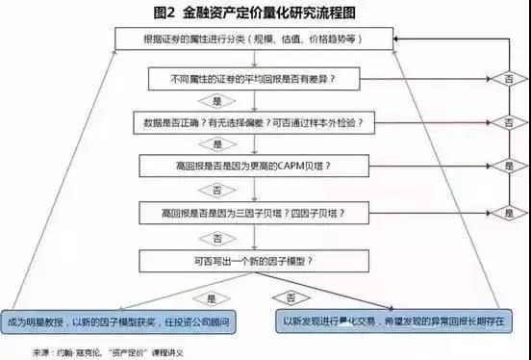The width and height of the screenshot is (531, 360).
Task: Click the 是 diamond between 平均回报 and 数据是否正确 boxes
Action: pyautogui.click(x=215, y=100)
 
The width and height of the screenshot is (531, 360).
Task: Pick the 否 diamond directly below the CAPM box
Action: pyautogui.click(x=215, y=188)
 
